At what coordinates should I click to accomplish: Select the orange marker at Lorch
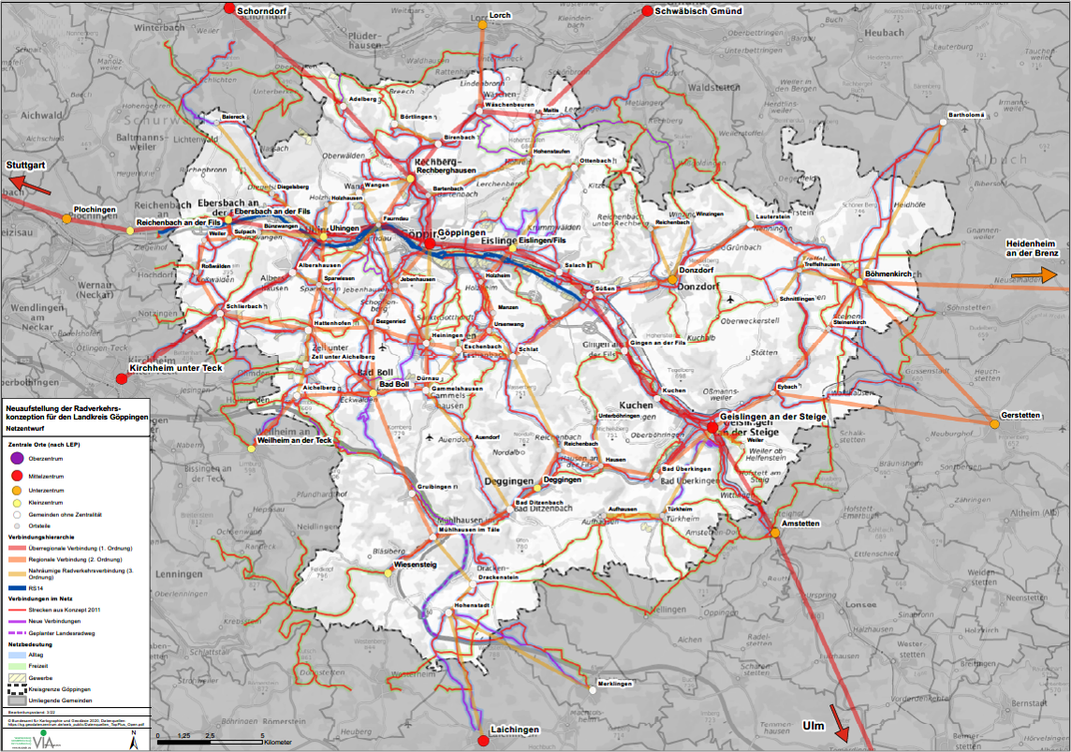point(483,25)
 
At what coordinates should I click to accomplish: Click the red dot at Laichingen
point(483,740)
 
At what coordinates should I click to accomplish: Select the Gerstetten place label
point(1020,415)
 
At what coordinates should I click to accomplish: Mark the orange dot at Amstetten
point(776,533)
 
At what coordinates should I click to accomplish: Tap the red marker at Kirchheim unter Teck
point(121,378)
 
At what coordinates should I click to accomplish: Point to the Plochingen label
point(95,210)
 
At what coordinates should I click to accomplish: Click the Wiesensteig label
point(415,566)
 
